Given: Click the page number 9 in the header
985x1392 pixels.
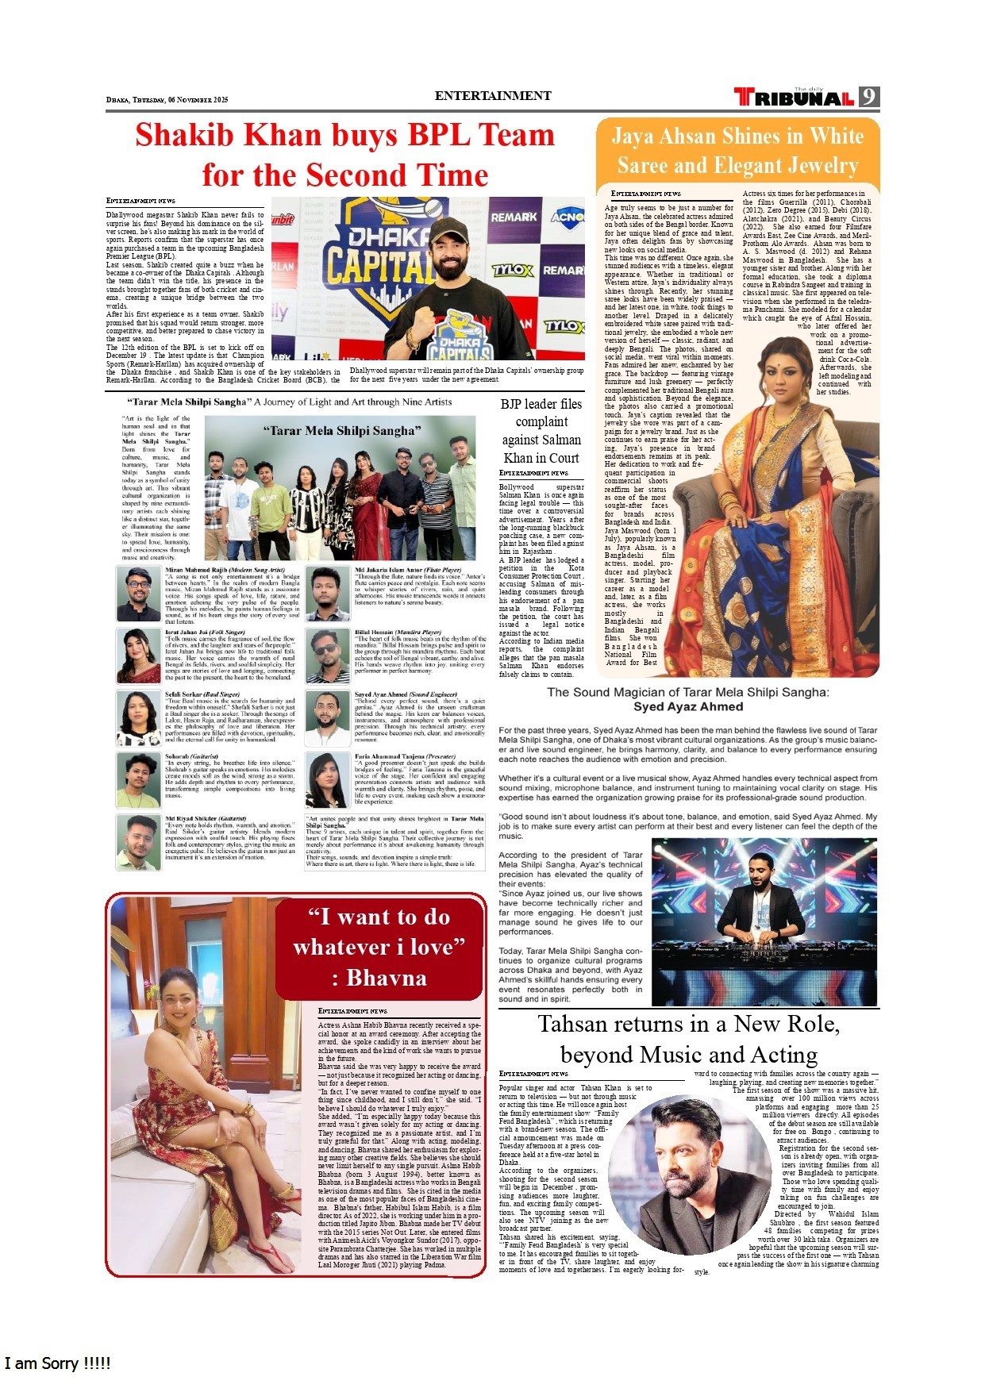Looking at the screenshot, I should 870,97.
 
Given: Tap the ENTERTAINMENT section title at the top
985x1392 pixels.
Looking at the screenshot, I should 493,96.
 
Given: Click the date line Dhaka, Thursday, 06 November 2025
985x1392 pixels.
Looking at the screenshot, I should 167,100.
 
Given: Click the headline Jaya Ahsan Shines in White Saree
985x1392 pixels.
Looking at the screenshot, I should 737,151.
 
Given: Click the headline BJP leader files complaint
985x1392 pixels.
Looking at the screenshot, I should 541,431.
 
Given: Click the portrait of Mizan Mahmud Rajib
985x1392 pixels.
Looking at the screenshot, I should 139,592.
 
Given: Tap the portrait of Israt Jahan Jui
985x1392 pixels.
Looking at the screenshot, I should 139,656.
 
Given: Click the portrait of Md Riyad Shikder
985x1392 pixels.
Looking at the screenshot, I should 139,841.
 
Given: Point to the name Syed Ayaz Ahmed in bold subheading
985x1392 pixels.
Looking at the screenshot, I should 687,707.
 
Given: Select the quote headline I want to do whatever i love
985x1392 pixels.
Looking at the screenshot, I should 379,947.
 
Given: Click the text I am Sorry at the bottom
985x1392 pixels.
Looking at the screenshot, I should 57,1363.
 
